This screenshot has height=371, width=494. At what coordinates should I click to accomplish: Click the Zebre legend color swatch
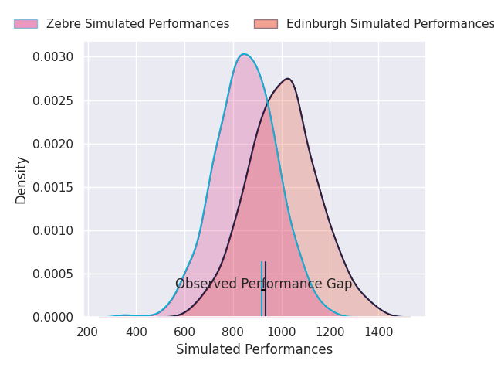tap(25, 24)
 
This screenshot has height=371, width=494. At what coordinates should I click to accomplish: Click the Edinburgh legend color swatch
tap(266, 24)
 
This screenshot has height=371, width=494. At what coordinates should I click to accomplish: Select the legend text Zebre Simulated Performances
tap(137, 24)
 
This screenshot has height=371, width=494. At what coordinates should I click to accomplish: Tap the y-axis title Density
tap(22, 180)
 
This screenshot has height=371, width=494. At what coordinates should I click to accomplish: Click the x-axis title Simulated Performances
tap(254, 350)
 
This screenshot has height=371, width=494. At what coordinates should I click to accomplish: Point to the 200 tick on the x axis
tap(88, 332)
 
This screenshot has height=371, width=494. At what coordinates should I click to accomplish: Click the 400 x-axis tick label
tap(137, 332)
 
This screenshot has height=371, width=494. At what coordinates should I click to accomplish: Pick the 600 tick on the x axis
tap(184, 332)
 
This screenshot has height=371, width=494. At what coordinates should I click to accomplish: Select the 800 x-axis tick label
tap(233, 332)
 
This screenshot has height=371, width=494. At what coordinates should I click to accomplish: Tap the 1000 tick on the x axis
tap(282, 332)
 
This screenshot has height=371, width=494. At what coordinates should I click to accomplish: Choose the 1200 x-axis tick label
tap(330, 332)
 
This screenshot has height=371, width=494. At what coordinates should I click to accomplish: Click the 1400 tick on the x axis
tap(378, 332)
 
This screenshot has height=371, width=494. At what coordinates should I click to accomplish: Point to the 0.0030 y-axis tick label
tap(53, 57)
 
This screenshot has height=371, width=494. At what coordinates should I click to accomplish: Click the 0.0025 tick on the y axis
tap(53, 100)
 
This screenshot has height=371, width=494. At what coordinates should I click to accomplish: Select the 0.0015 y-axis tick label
tap(53, 187)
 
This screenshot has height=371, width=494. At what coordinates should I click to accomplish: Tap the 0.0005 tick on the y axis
tap(53, 274)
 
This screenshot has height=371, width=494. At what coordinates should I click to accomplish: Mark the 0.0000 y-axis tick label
tap(53, 317)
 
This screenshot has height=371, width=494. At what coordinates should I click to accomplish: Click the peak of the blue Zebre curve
tap(244, 54)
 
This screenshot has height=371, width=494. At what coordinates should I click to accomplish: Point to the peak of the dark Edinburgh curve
tap(287, 79)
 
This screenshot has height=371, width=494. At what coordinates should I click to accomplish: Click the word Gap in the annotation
tap(339, 284)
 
